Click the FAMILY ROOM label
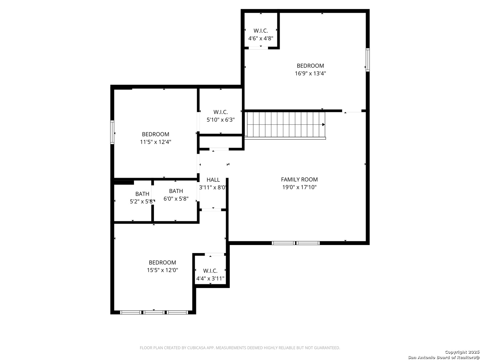299,179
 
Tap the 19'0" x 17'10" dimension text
299,187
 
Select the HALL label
213,180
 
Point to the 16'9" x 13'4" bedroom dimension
310,73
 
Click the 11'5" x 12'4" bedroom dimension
155,142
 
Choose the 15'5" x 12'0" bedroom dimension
162,270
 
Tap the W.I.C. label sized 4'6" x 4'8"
261,31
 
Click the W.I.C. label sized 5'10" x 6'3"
221,112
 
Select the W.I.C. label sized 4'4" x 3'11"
210,271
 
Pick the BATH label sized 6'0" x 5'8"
176,191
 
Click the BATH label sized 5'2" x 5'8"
142,194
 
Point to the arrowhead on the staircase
323,125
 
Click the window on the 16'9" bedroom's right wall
368,60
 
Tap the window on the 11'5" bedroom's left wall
112,132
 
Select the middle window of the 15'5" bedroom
154,312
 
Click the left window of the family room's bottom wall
283,243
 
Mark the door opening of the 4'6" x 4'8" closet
258,48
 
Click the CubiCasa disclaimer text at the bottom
240,348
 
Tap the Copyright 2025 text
462,352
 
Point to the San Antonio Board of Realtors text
443,357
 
